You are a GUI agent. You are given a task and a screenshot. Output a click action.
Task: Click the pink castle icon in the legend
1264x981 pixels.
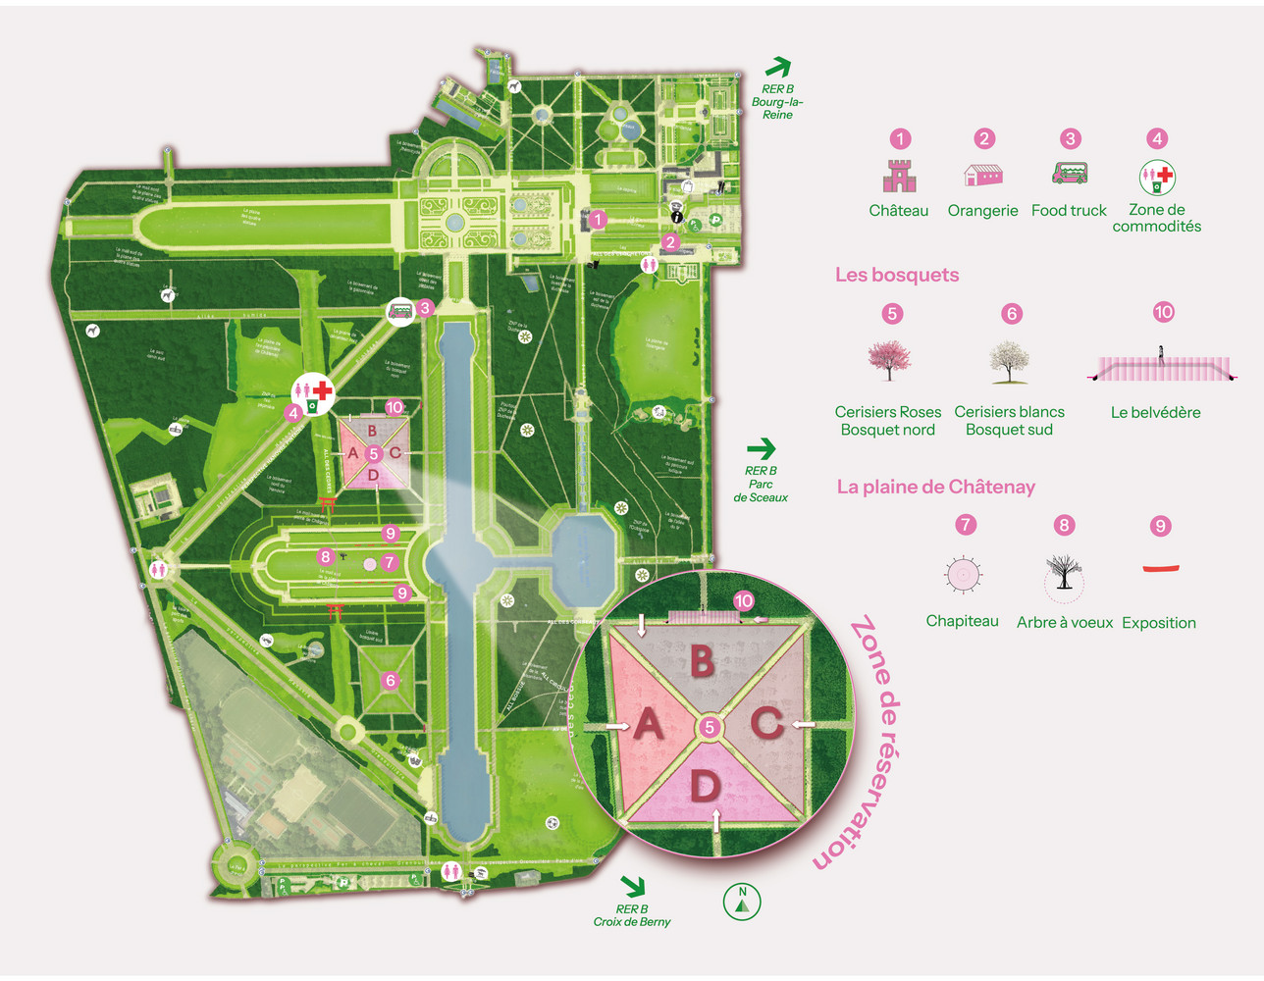point(899,176)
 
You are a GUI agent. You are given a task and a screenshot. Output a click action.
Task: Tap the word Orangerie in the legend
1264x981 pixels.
point(982,210)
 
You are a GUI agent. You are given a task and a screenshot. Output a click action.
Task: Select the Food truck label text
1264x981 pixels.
point(1069,210)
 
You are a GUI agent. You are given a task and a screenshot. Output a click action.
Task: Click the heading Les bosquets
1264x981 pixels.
point(897,275)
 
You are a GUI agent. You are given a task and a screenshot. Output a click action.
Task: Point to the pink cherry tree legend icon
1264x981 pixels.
point(889,360)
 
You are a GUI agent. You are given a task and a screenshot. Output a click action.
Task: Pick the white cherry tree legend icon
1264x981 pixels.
point(1009,361)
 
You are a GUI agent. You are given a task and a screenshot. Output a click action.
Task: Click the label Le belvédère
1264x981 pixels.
point(1155,412)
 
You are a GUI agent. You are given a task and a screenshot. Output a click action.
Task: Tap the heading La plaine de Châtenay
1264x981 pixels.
point(935,487)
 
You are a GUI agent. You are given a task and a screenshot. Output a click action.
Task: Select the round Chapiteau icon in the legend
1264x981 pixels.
point(963,575)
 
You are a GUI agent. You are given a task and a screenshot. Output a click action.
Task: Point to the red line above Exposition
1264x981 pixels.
point(1161,568)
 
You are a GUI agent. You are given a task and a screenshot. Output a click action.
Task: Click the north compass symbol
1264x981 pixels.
point(742,902)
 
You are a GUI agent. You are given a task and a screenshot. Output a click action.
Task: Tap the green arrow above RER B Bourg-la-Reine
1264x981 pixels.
point(777,68)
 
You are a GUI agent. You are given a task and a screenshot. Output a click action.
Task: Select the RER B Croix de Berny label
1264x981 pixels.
point(632,915)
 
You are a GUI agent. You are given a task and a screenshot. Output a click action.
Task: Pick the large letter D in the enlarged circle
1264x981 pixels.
point(705,787)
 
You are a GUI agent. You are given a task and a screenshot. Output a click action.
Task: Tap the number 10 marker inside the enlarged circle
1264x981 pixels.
point(743,600)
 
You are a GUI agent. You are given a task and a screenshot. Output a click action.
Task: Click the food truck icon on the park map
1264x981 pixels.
point(400,312)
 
